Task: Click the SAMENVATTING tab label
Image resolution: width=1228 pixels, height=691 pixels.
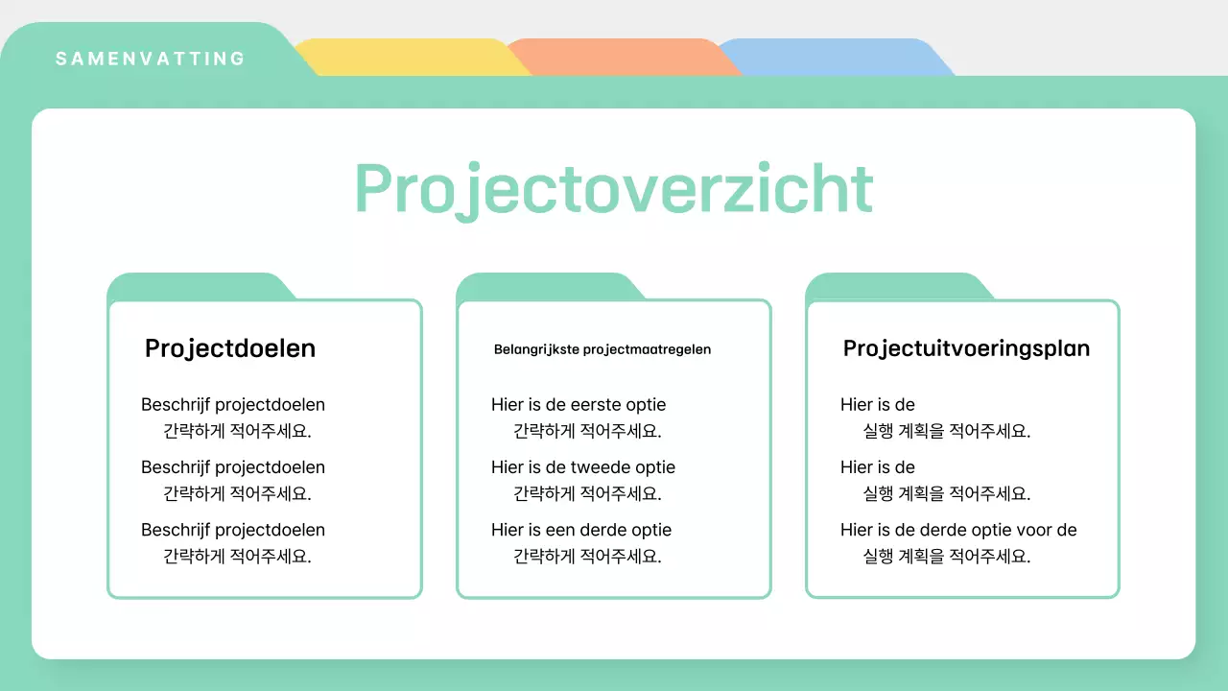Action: click(151, 59)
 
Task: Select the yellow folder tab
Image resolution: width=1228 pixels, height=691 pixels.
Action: click(408, 58)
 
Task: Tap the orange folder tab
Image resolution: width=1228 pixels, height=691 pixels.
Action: click(620, 58)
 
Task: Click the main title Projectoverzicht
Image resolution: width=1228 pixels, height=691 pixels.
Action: click(614, 188)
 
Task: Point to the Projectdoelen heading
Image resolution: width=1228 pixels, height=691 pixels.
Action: click(230, 348)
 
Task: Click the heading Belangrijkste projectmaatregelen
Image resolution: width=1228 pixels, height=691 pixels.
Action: click(602, 349)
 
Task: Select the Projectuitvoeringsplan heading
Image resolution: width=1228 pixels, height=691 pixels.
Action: click(966, 348)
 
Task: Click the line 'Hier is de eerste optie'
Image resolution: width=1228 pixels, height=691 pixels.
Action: click(579, 405)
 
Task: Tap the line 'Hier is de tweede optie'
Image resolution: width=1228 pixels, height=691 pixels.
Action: click(583, 467)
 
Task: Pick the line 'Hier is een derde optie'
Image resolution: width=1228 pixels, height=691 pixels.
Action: click(581, 530)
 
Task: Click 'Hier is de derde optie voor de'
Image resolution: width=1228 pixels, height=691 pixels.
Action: click(958, 530)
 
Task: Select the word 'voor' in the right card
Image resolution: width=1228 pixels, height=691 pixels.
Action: click(1032, 530)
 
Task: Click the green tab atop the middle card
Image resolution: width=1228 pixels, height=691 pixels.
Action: click(546, 286)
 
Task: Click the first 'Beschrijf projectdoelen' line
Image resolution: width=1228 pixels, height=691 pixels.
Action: click(233, 405)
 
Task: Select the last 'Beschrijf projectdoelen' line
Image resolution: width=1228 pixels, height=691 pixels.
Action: click(233, 530)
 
